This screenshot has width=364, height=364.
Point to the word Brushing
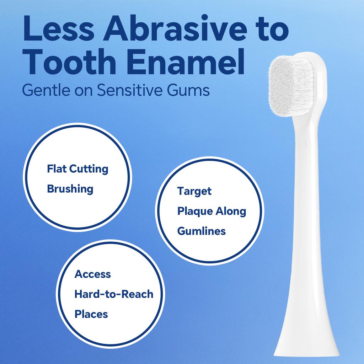tap(70, 189)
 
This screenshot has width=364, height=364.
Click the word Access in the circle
tap(92, 274)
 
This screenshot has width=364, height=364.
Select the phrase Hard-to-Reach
tap(114, 294)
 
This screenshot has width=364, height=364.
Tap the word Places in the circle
tap(91, 314)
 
